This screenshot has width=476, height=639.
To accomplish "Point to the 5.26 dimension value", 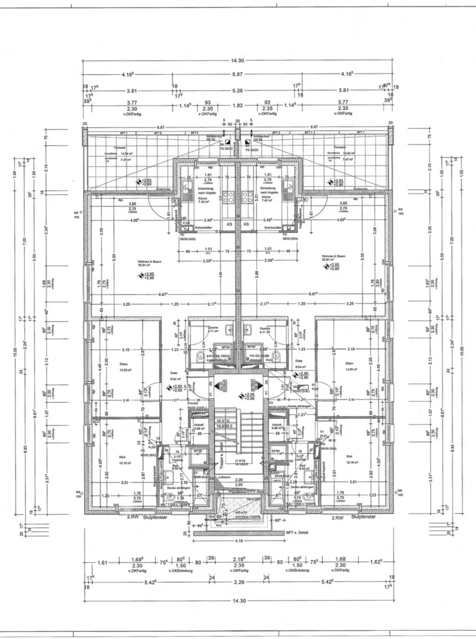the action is pos(238,91).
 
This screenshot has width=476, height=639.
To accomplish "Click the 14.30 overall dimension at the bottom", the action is pos(238,601).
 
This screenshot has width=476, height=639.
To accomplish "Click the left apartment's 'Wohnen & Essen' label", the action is pos(148,263).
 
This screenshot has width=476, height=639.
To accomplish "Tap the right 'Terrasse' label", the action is pos(334,149).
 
